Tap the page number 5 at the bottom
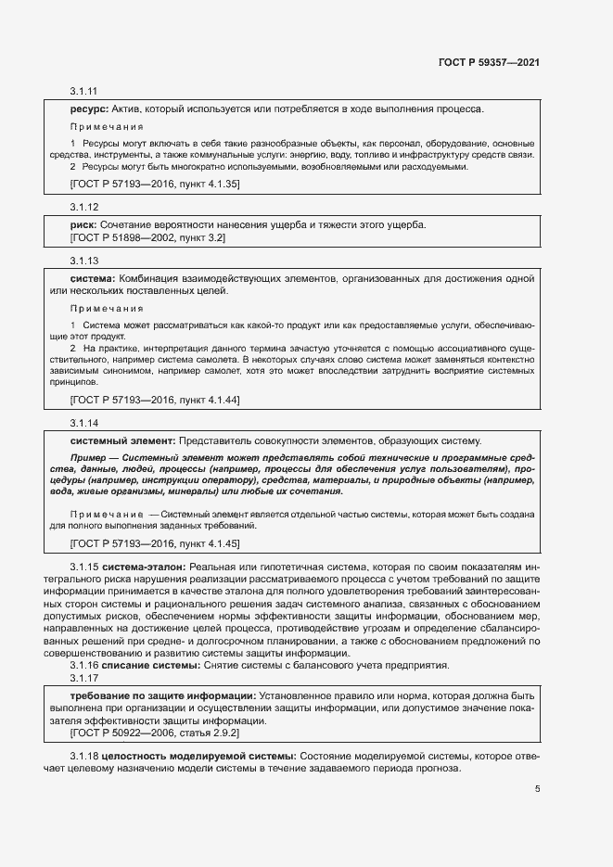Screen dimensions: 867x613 (538, 789)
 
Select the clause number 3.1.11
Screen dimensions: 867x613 (83, 91)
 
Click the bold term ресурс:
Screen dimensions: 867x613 (90, 109)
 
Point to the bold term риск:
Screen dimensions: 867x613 (85, 225)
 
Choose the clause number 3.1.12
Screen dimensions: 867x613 (83, 207)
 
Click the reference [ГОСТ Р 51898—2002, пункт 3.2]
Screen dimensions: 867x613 (147, 238)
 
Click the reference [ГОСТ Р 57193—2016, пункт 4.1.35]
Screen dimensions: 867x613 (155, 185)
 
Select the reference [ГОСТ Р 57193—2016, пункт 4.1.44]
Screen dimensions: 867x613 (155, 400)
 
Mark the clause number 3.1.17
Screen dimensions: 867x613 (83, 677)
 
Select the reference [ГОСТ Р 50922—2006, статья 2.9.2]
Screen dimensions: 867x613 (153, 733)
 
